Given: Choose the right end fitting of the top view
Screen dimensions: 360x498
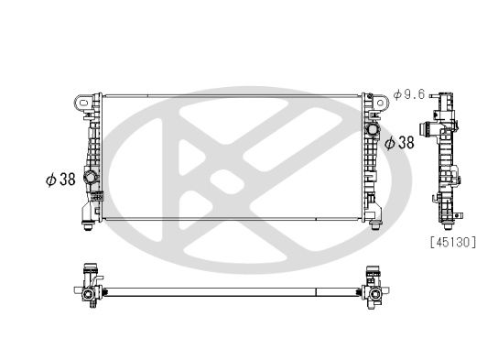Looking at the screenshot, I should tap(373, 286).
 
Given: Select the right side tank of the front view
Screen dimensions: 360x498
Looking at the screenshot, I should tap(369, 156).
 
